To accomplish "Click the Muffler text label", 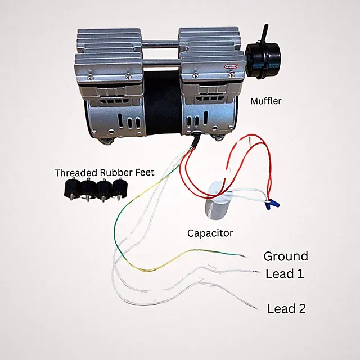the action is coord(266,101).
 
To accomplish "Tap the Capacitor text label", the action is coord(210,233).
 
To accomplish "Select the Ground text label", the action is coord(286,256).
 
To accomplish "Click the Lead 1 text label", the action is coord(285,274).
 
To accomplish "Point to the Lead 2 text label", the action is coord(286,309).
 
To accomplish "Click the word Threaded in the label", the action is coord(76,173).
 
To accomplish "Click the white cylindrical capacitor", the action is coord(215,201).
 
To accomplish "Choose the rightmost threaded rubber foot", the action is coord(119,188).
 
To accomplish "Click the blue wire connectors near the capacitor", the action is coord(272,204).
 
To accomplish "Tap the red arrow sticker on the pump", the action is coord(231,66).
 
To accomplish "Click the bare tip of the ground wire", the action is coord(244,256).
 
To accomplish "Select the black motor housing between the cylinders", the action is coord(163,103).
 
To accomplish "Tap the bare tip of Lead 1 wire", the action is coord(256,272).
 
